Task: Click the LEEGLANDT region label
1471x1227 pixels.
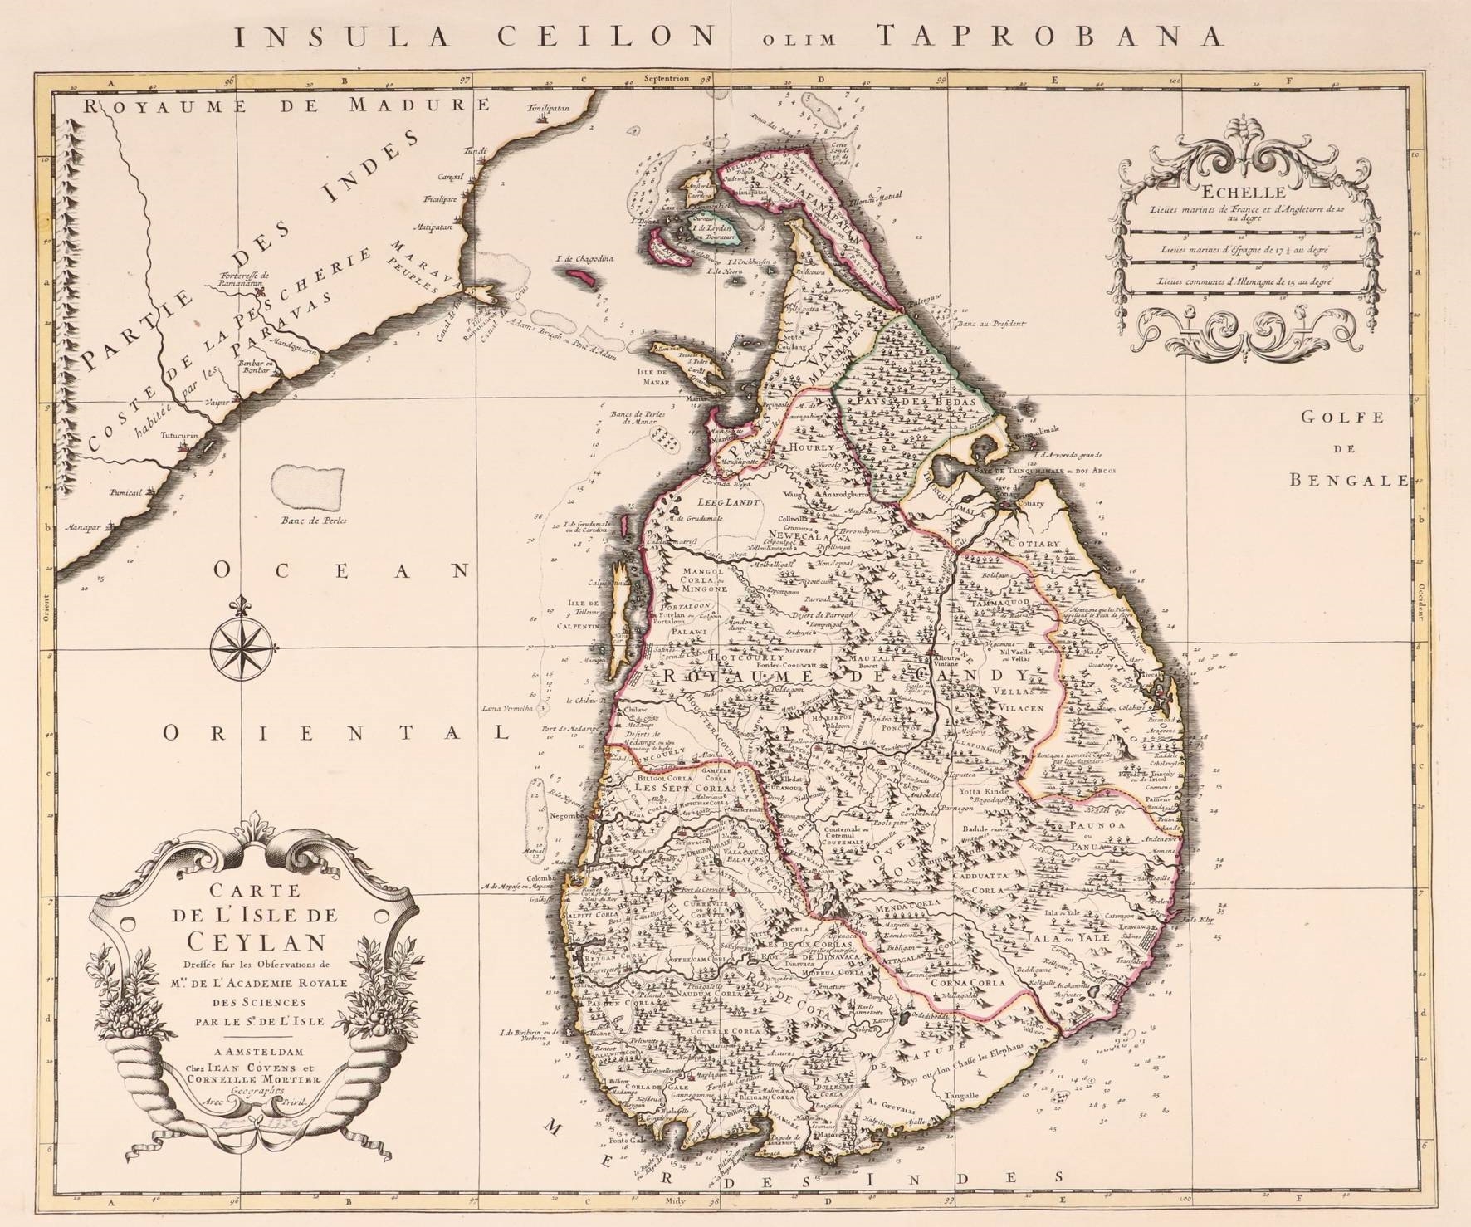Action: tap(710, 503)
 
